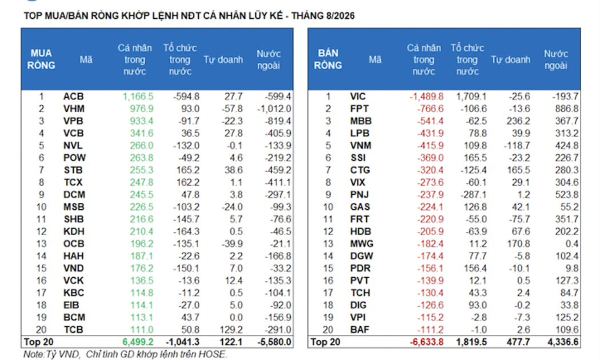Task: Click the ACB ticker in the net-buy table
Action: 74,97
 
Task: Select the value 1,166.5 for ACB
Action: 138,97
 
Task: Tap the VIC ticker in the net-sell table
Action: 358,97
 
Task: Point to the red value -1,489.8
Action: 427,97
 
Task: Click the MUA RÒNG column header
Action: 41,59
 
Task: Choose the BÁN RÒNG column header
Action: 328,59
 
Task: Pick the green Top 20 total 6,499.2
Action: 138,342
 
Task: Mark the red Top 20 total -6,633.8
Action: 427,342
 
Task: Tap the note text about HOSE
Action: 125,354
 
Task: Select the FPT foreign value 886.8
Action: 567,109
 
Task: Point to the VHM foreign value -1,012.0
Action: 274,109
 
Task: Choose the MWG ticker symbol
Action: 362,243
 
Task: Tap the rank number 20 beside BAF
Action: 328,329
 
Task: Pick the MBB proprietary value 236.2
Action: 518,121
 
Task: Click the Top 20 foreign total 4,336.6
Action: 563,342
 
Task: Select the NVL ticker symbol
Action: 73,145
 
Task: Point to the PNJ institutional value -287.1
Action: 474,194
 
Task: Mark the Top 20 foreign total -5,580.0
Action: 274,342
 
